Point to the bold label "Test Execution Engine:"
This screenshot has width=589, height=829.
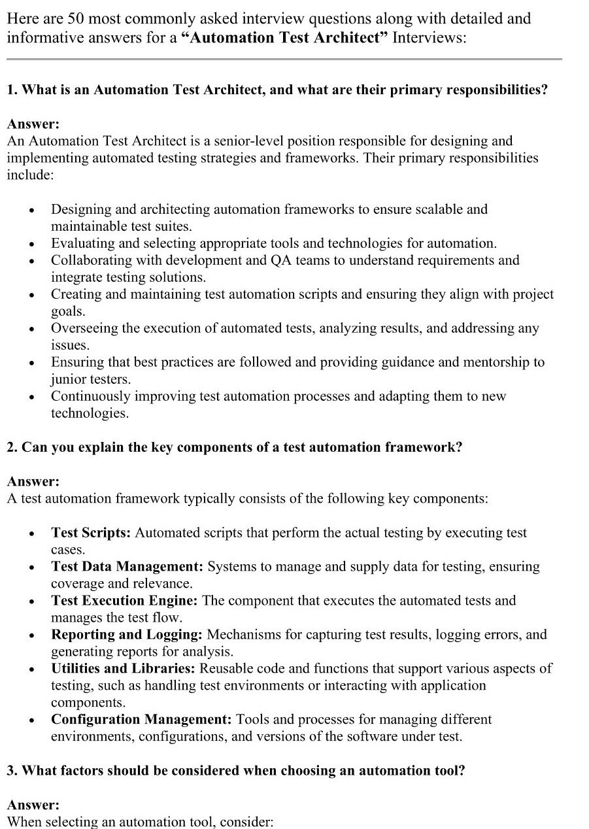point(125,601)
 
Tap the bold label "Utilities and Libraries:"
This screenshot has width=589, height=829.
point(124,669)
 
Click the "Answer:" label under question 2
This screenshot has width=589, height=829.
point(33,482)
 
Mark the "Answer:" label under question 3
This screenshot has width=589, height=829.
point(33,805)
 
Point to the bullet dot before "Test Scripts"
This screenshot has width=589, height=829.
point(31,533)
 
